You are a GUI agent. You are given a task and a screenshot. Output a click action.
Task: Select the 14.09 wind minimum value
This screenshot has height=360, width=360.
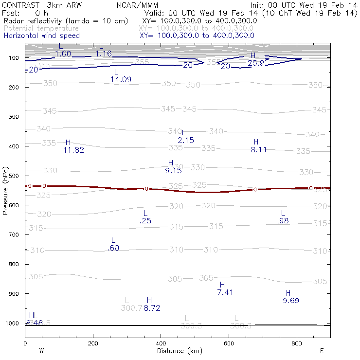(x=121, y=79)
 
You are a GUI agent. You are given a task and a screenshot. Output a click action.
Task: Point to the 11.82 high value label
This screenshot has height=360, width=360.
(x=73, y=150)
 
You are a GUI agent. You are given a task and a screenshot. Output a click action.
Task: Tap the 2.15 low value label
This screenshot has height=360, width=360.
(x=186, y=140)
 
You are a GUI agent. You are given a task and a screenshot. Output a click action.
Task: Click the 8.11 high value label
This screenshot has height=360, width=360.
(x=258, y=150)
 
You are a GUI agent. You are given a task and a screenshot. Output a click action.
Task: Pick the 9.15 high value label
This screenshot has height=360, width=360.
(x=173, y=170)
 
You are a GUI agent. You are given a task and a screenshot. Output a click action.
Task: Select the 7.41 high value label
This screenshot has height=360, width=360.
(x=225, y=292)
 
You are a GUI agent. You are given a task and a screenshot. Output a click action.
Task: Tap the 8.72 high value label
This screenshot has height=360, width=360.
(x=152, y=308)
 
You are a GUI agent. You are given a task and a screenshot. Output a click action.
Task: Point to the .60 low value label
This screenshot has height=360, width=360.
(x=113, y=248)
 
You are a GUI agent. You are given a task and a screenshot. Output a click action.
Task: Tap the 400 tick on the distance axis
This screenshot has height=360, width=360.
(x=161, y=343)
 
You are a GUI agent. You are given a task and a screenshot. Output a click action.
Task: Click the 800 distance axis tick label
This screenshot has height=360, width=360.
(x=296, y=343)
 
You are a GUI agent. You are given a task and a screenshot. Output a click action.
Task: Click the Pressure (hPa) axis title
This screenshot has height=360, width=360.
(x=6, y=190)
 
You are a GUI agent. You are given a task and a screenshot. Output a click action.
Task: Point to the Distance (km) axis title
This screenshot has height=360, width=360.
(x=176, y=351)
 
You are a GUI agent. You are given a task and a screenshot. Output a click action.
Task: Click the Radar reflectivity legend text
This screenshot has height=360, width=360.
(x=65, y=21)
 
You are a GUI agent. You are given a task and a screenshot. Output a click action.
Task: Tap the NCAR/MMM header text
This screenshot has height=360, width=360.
(x=138, y=5)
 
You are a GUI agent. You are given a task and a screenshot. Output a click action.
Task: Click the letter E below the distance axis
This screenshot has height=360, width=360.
(x=322, y=351)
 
